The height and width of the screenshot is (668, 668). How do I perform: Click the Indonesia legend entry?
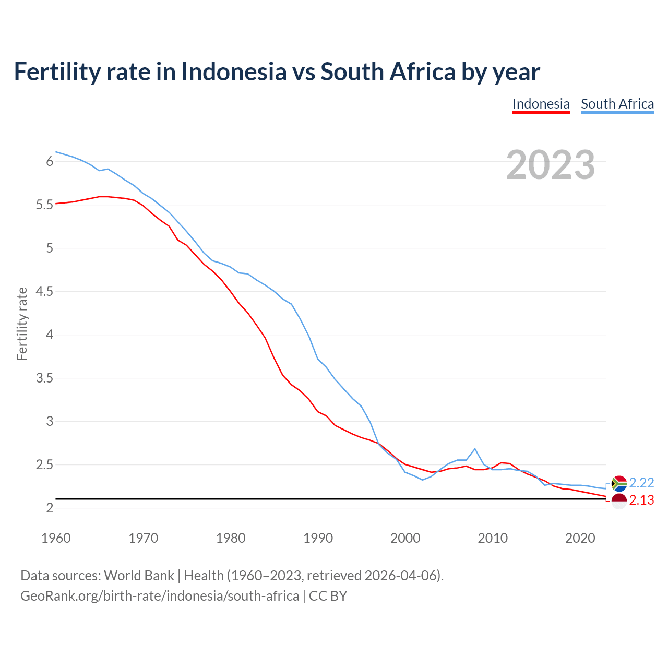[541, 104]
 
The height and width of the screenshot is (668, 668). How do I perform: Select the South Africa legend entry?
[617, 104]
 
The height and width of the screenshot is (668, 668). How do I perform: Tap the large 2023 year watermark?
[551, 165]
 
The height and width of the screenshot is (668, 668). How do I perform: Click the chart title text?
[277, 71]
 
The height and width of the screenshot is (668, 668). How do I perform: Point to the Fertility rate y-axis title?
[22, 324]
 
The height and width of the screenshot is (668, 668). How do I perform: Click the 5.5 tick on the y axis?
[45, 205]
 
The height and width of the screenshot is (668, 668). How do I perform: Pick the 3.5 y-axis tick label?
[45, 378]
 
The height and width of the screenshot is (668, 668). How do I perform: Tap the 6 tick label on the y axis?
[50, 162]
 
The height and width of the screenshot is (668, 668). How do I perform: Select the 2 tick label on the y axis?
[50, 508]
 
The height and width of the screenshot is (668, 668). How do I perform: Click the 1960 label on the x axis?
[56, 538]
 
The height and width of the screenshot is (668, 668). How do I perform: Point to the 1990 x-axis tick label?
[318, 538]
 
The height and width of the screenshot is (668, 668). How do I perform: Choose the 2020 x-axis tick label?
[580, 538]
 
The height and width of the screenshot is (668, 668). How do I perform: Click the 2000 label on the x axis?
[405, 538]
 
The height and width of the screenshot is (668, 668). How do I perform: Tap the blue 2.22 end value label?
[641, 483]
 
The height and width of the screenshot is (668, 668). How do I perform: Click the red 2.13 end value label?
[641, 500]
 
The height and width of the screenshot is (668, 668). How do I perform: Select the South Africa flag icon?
[619, 484]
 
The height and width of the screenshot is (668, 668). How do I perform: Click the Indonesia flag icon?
[619, 501]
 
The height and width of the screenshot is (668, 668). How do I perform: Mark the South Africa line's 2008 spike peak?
[475, 449]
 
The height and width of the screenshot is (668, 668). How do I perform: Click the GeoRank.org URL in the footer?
[160, 596]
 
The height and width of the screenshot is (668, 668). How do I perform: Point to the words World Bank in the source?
[139, 576]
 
